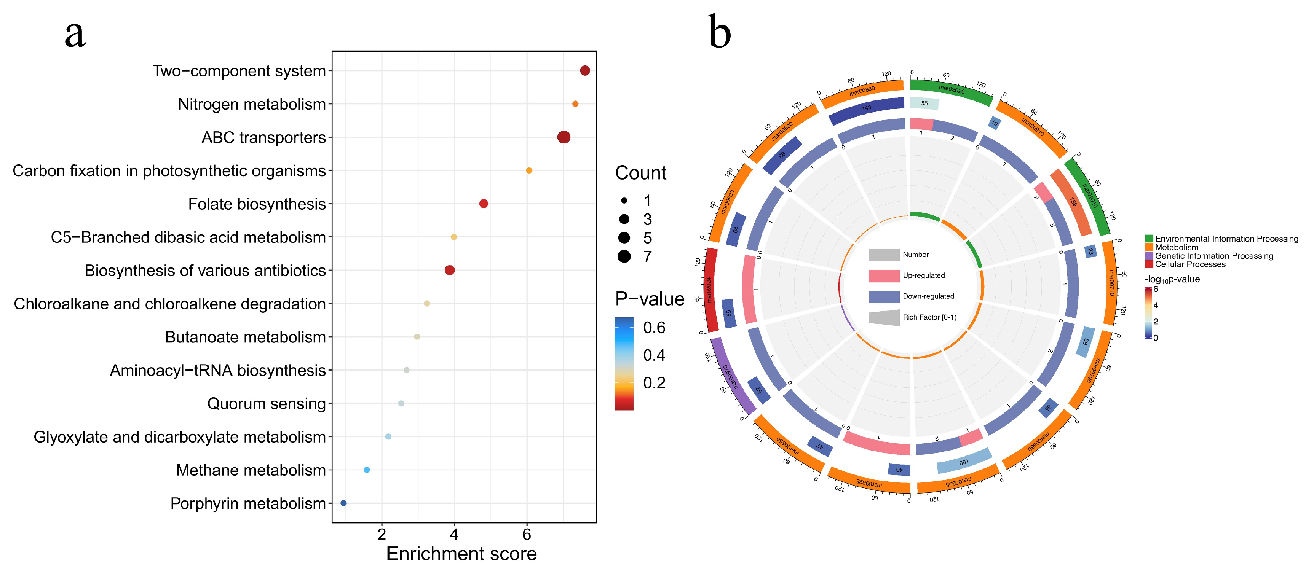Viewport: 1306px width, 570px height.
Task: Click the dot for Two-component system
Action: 584,70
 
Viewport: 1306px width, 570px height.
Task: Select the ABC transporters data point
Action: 563,137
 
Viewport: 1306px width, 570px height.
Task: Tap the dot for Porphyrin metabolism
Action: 343,503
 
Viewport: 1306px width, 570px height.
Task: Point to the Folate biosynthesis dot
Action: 483,204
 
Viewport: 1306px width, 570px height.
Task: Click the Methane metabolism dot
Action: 367,470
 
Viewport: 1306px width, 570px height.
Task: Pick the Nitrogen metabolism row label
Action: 251,104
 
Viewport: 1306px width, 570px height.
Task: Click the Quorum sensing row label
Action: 266,404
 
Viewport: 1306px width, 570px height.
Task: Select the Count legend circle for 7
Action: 624,256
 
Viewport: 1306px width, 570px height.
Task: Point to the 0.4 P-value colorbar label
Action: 654,355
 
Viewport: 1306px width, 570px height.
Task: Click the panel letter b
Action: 719,32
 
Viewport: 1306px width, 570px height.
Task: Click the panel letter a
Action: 75,33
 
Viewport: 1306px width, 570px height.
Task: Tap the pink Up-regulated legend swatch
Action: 884,275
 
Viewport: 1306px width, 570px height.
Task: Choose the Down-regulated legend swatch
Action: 884,296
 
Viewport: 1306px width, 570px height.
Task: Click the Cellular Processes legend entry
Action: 1189,264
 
